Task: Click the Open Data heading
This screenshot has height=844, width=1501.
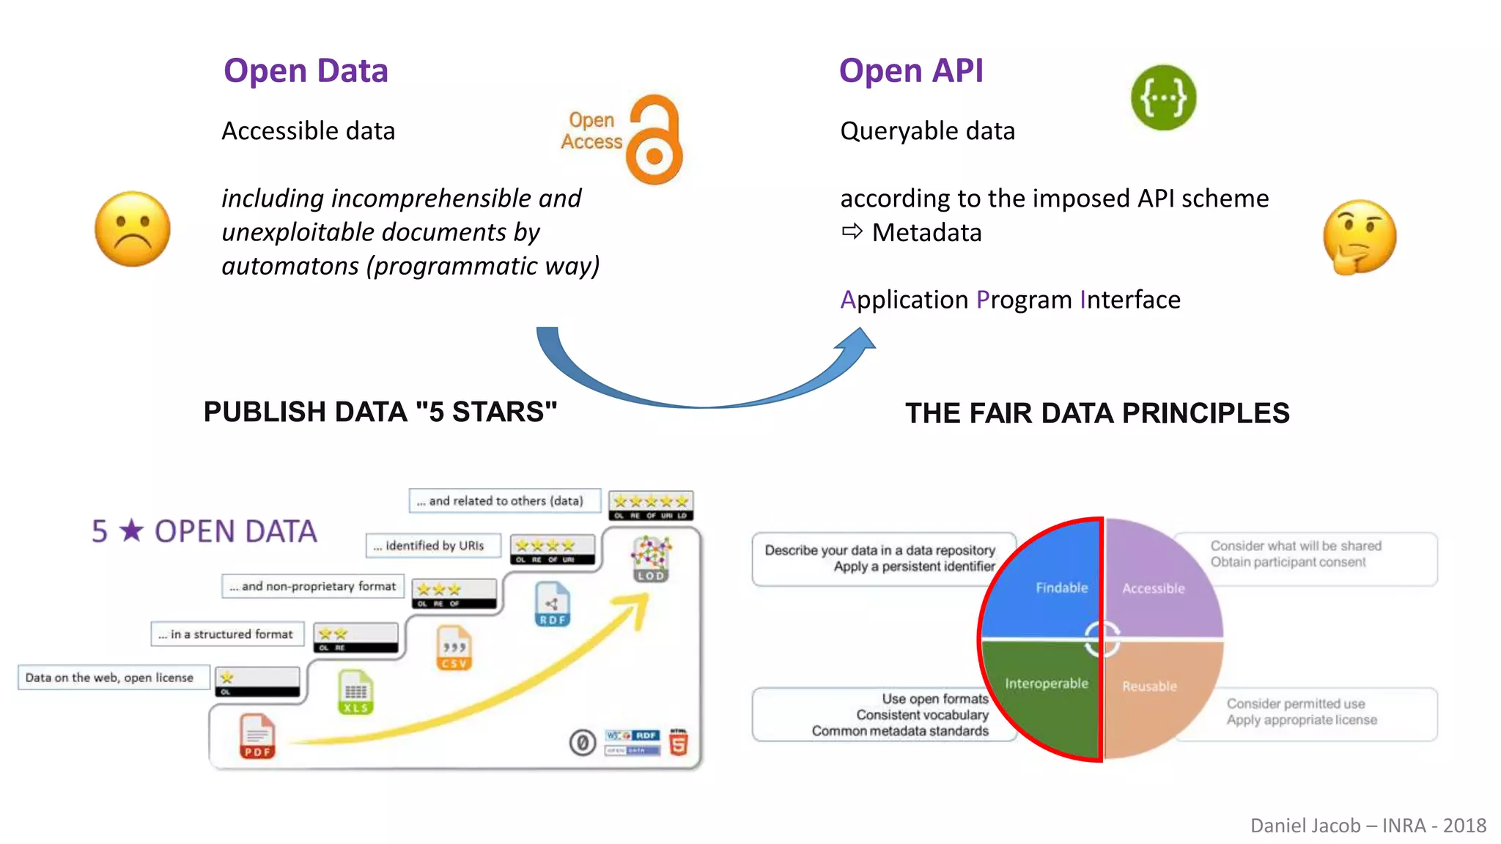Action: click(306, 71)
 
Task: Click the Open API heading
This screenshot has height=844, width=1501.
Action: click(910, 71)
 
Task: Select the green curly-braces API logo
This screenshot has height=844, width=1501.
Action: click(1163, 97)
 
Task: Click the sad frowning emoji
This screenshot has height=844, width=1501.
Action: click(133, 229)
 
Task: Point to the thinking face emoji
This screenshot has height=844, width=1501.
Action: click(1360, 237)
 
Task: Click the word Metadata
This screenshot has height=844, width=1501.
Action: click(926, 233)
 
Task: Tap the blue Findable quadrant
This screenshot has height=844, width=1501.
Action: click(1048, 579)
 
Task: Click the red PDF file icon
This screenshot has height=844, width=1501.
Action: click(257, 736)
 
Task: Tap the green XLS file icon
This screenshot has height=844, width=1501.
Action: click(356, 692)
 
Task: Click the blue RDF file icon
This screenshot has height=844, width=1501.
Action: click(552, 604)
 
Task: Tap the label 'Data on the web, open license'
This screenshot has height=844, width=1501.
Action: click(110, 678)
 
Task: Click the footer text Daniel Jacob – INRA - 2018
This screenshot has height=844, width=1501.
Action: click(1368, 826)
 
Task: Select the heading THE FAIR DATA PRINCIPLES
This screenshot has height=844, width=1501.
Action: click(1097, 413)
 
